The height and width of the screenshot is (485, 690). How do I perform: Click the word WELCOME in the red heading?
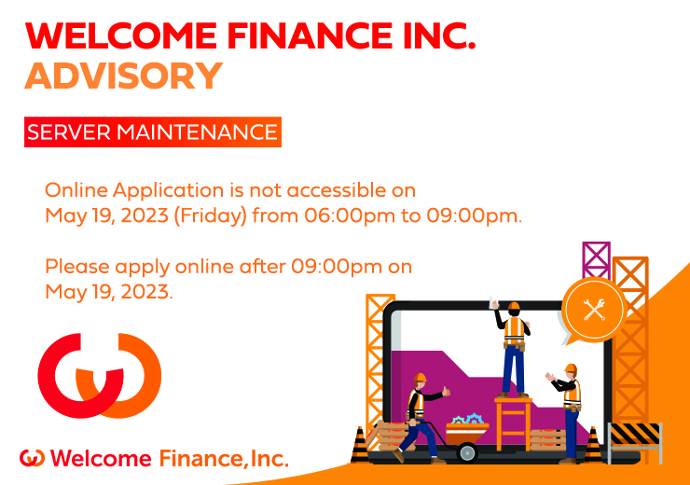point(121,35)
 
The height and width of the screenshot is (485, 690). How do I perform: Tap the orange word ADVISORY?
point(124,76)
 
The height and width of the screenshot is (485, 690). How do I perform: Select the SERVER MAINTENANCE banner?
point(153,132)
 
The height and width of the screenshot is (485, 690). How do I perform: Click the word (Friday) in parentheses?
point(211,216)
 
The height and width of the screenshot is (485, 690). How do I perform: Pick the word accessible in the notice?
point(337,190)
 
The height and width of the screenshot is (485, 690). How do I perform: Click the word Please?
point(77,266)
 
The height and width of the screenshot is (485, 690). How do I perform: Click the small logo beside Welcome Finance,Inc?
point(32,458)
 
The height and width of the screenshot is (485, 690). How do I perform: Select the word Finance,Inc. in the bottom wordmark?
point(224,459)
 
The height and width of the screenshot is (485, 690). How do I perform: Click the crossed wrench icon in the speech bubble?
point(594,310)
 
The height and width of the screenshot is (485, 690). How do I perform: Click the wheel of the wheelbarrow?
point(467,452)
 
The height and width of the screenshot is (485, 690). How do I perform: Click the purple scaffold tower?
point(596,260)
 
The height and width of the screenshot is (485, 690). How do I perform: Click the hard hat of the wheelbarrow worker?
point(420,377)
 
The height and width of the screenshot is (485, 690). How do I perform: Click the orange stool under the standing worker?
point(513,423)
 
